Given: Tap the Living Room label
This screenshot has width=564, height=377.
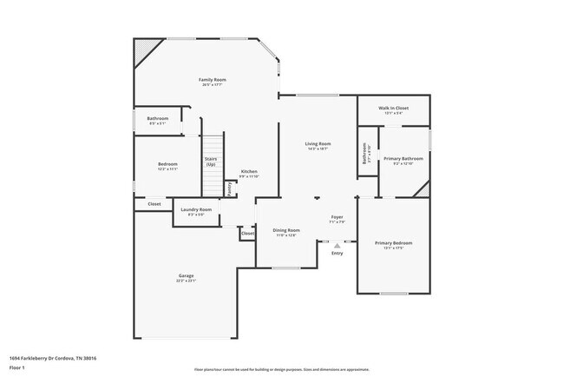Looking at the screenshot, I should tap(318, 143).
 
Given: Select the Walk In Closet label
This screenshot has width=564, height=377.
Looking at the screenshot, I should tap(393, 109).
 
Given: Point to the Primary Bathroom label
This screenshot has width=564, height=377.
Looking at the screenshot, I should tap(404, 159).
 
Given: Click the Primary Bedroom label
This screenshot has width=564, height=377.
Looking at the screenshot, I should tap(393, 243).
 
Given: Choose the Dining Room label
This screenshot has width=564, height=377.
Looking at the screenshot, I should tap(286, 230).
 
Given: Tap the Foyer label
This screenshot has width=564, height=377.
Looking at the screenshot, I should tap(338, 217).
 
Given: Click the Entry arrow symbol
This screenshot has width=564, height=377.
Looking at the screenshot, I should tap(337, 246).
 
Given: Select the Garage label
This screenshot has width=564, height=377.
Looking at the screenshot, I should tap(187, 276).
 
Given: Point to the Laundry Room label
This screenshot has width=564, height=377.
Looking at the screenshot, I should tap(196, 209).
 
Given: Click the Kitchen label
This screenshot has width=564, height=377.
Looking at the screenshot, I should tap(249, 172).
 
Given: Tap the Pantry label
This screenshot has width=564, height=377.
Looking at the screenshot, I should tap(229, 187).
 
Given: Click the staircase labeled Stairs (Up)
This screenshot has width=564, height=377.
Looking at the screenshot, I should tap(213, 165).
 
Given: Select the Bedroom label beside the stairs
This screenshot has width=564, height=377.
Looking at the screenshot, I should tap(167, 164).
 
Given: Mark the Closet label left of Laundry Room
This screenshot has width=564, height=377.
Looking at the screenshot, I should tap(154, 204).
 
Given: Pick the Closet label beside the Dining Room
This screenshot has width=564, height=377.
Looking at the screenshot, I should tap(247, 233).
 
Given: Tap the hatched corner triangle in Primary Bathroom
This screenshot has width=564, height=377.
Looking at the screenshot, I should tap(423, 188).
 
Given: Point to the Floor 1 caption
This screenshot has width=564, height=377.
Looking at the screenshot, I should tap(17, 367).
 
